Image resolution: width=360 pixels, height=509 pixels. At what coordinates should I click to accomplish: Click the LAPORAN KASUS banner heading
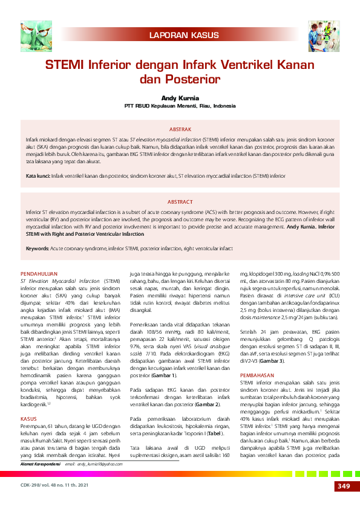(180, 36)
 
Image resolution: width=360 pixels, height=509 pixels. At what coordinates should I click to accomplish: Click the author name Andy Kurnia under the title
(180, 97)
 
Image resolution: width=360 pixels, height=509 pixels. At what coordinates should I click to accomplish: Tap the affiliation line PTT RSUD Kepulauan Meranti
(180, 105)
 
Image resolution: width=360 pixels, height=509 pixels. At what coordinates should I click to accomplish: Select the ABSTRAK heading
(180, 129)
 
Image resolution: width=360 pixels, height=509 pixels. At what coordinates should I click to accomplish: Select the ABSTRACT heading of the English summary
(180, 202)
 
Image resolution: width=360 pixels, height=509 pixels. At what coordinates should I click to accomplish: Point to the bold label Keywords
(37, 248)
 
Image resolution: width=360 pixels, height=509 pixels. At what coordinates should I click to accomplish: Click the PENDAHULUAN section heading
(41, 274)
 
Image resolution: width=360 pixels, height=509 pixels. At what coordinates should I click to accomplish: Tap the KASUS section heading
(29, 401)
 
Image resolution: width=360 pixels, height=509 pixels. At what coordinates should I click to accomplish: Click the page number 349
(342, 487)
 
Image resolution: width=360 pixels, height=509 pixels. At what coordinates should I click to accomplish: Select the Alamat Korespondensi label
(42, 464)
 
